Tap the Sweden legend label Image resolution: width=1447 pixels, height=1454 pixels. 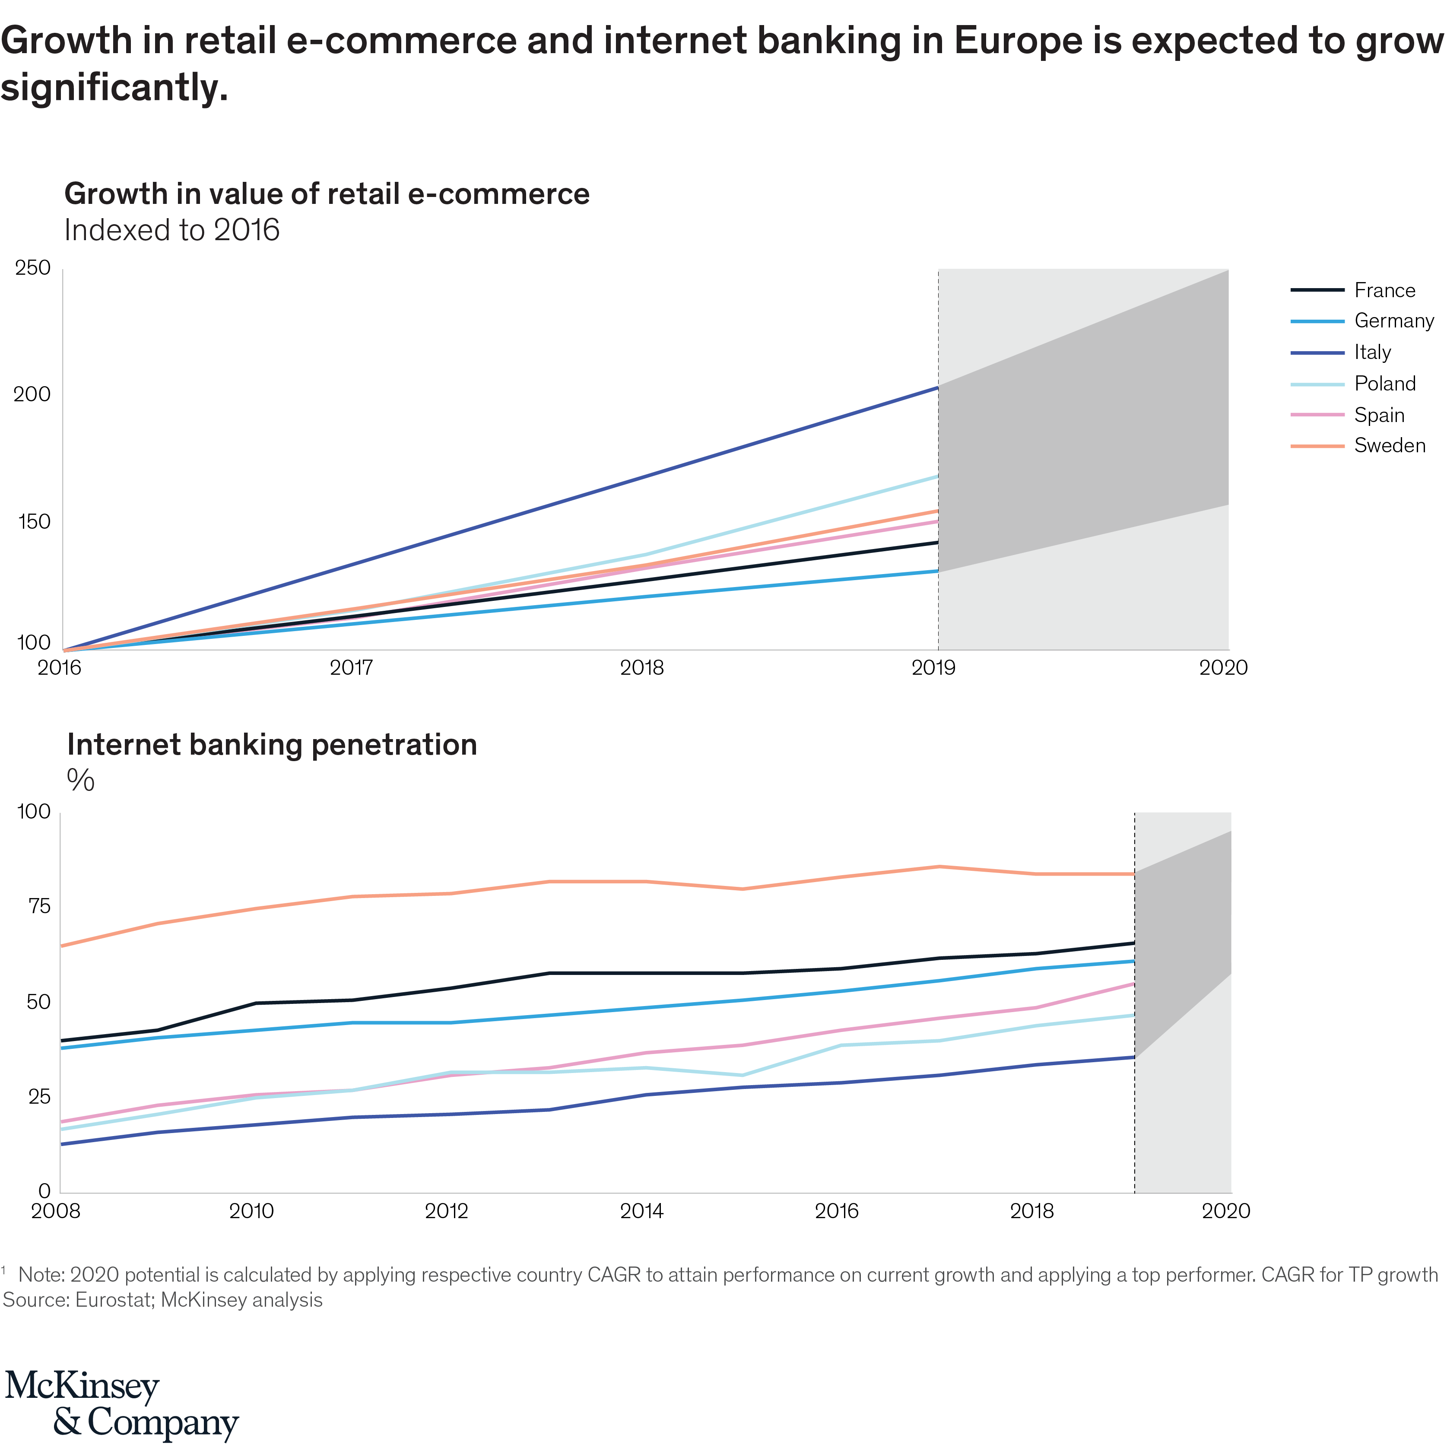(x=1389, y=445)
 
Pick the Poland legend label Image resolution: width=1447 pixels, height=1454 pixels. (x=1384, y=384)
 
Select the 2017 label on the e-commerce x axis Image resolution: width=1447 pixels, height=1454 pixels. (x=352, y=667)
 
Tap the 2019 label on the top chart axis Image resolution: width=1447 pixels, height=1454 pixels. (x=933, y=667)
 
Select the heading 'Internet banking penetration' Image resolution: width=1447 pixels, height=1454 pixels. (x=272, y=745)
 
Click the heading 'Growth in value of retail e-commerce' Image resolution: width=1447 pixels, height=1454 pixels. (x=327, y=194)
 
